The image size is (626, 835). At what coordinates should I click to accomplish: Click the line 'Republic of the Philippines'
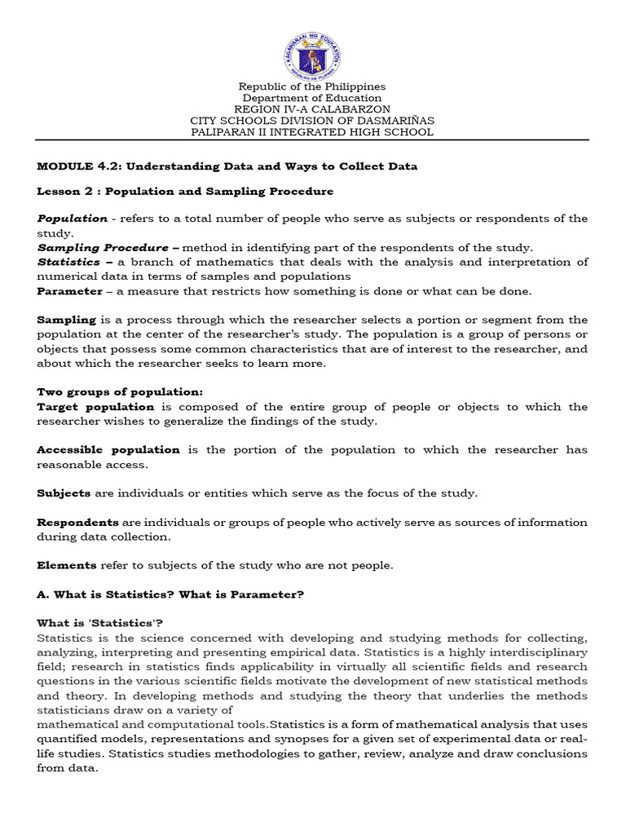pyautogui.click(x=312, y=86)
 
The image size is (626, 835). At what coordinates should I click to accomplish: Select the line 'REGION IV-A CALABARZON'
pyautogui.click(x=312, y=109)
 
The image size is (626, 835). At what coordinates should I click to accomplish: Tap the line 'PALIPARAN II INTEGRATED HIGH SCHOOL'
pyautogui.click(x=312, y=132)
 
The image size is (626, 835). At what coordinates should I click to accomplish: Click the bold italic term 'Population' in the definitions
pyautogui.click(x=72, y=219)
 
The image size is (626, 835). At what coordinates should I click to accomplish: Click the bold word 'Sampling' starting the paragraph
pyautogui.click(x=66, y=320)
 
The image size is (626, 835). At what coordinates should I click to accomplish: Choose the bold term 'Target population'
pyautogui.click(x=95, y=407)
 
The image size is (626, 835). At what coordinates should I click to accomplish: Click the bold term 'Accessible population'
pyautogui.click(x=108, y=450)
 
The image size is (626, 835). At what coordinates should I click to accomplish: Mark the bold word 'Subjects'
pyautogui.click(x=64, y=493)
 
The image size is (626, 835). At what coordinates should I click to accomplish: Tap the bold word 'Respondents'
pyautogui.click(x=77, y=523)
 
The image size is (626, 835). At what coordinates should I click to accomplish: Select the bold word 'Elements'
pyautogui.click(x=67, y=565)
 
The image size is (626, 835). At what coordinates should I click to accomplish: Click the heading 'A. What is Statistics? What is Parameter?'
pyautogui.click(x=170, y=595)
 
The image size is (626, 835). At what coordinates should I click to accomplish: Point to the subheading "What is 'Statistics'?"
pyautogui.click(x=100, y=623)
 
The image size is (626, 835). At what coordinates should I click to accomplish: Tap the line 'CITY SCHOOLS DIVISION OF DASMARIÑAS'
pyautogui.click(x=312, y=121)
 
